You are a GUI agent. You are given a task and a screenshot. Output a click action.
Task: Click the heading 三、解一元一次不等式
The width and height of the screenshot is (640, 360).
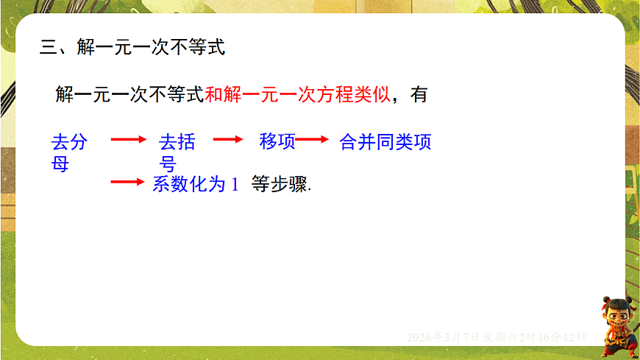coord(132,49)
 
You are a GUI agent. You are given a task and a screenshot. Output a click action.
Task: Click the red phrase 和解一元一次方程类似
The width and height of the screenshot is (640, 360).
coord(297,95)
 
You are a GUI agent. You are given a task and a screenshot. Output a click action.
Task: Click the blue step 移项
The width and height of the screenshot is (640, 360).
coord(277,141)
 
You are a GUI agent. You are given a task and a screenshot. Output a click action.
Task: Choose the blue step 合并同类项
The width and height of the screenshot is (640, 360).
coord(385,142)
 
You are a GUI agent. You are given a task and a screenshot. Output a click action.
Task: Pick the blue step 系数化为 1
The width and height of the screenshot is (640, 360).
coord(196,184)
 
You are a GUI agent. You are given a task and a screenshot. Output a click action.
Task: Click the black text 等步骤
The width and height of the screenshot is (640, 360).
coord(281,184)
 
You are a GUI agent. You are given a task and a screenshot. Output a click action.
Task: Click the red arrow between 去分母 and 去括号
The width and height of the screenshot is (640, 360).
coord(128,139)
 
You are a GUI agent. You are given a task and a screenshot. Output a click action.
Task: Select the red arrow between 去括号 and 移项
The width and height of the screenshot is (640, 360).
coord(227,139)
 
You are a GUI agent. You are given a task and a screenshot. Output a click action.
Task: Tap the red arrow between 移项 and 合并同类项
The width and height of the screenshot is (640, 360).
coord(312,139)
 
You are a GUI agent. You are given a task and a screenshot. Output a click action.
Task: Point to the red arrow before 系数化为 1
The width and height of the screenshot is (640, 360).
coord(128,182)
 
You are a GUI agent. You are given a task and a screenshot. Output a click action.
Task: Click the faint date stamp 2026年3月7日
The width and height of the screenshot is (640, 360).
coord(444,337)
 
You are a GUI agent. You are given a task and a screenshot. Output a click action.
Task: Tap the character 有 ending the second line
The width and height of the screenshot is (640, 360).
coord(419,95)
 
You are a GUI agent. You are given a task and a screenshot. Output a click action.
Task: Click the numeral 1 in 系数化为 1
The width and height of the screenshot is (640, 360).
coord(235,185)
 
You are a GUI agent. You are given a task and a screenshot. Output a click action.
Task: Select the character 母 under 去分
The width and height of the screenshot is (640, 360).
coord(60,164)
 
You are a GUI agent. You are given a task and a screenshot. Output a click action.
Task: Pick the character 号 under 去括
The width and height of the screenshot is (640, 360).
coord(168,164)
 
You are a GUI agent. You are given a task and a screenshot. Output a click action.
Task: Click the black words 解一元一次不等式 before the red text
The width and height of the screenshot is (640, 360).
coord(129,95)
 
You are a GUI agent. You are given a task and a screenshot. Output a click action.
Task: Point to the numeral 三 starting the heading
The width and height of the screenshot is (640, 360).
coord(48,49)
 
